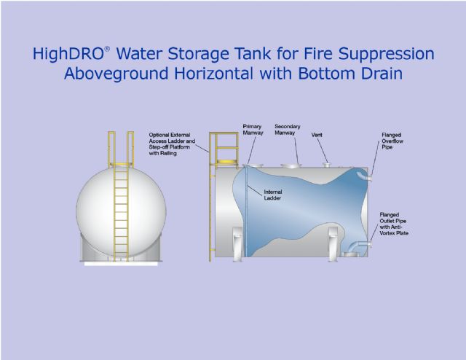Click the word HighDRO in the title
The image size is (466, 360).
[68, 54]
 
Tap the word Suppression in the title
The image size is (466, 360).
[386, 54]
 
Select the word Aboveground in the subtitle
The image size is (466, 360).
[116, 74]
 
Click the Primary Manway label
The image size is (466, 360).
[253, 130]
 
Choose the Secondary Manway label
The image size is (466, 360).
[287, 130]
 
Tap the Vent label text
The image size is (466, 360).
[317, 135]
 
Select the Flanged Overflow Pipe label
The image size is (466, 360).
[392, 141]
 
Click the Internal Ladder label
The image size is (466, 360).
[273, 195]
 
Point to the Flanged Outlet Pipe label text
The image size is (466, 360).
[394, 224]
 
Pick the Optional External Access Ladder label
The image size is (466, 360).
[172, 144]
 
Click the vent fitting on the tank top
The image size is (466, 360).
[327, 165]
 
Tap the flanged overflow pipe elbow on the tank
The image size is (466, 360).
[365, 175]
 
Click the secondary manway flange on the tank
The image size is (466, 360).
[291, 165]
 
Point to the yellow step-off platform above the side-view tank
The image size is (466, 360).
[227, 162]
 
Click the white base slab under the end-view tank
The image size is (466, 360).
[121, 264]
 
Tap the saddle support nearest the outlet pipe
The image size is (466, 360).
[333, 244]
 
